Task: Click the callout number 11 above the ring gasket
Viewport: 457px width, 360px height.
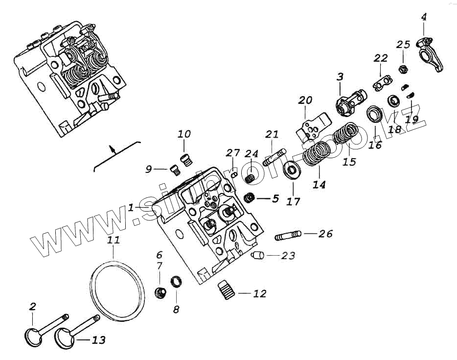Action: (113, 240)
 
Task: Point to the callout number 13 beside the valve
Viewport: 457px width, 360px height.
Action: (99, 340)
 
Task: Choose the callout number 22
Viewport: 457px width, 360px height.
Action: (381, 58)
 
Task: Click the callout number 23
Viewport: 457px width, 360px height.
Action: (288, 255)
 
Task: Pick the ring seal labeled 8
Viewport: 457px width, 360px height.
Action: (176, 282)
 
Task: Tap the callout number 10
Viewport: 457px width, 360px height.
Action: (184, 134)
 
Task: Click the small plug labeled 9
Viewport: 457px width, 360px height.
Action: (173, 169)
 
